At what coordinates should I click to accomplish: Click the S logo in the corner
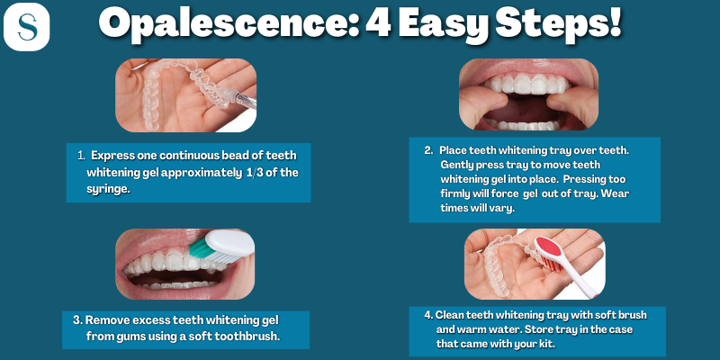click(x=26, y=27)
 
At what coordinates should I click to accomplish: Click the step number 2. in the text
click(x=428, y=149)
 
